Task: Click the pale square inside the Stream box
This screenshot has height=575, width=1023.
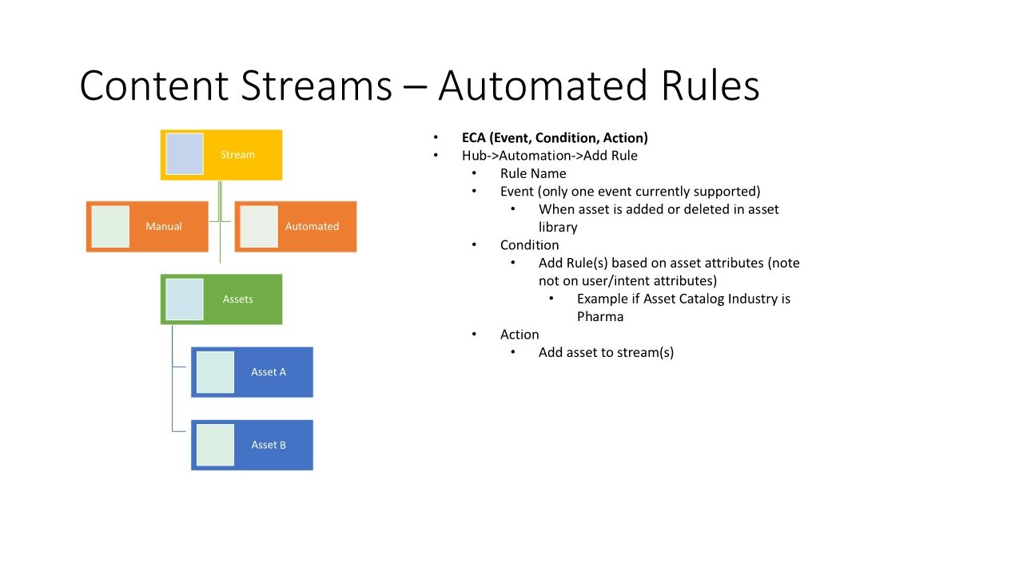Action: click(185, 154)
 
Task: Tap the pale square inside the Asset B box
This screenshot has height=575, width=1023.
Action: click(215, 445)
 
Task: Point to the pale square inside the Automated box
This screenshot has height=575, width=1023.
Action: click(259, 227)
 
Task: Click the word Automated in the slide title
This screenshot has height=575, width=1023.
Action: click(543, 86)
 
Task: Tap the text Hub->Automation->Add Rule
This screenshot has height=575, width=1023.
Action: click(549, 156)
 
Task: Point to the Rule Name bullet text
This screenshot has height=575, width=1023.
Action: click(533, 173)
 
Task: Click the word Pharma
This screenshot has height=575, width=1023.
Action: click(599, 316)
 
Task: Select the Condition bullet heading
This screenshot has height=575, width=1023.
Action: click(529, 245)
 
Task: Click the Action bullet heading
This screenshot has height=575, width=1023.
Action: click(519, 335)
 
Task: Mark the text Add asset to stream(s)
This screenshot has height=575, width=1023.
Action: click(606, 352)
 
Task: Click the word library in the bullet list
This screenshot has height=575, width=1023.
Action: click(558, 227)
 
